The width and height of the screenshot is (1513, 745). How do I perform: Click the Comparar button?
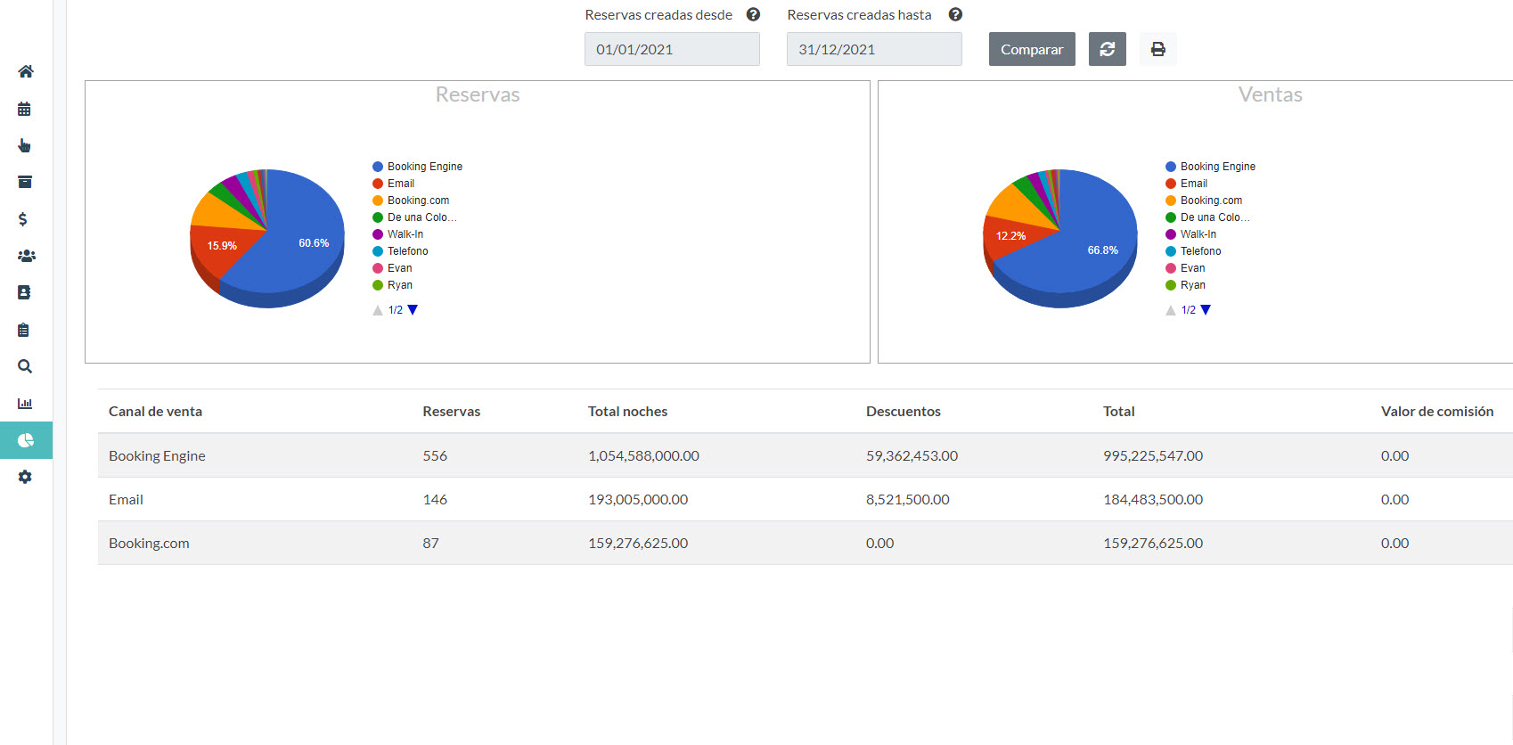pos(1032,49)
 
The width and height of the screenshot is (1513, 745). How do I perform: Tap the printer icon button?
pos(1157,49)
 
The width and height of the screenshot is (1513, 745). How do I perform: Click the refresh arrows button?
pos(1107,49)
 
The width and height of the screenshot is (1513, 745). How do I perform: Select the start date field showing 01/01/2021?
pos(672,49)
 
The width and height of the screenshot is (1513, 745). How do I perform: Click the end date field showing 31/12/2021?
pos(873,49)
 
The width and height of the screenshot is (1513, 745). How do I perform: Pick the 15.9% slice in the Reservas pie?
pos(218,250)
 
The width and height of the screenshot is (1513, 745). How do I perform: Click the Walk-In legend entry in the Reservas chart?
pos(405,234)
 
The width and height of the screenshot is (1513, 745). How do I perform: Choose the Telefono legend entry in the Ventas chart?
pos(1200,251)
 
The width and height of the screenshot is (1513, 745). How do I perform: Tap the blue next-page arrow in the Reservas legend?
pos(413,310)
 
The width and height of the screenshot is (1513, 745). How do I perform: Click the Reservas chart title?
pos(478,94)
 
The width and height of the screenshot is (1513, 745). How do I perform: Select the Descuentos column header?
pos(903,411)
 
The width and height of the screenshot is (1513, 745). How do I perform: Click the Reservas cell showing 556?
pos(435,455)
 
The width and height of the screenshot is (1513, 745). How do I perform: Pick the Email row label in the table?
pos(126,499)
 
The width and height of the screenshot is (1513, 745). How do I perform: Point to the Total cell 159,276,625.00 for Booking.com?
pos(1152,543)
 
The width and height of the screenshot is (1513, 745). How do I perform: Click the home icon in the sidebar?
pos(26,71)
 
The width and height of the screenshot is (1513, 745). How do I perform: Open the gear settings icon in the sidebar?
pos(25,477)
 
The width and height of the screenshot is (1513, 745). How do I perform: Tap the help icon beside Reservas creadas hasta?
pos(955,14)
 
